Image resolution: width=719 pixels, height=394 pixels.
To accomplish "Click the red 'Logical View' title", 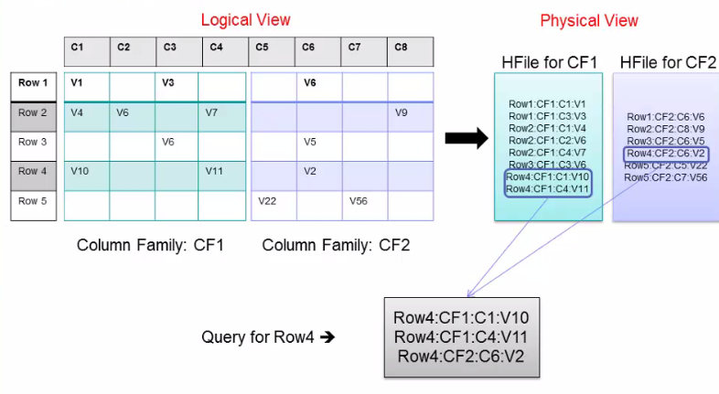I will (245, 20).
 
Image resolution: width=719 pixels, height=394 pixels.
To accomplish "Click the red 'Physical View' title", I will (589, 20).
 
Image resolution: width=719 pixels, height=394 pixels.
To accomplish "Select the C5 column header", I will (263, 47).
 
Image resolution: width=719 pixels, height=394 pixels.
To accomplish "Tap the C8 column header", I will (401, 47).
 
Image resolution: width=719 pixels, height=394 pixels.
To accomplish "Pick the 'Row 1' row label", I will (33, 83).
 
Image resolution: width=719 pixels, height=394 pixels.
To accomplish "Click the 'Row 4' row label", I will (33, 171).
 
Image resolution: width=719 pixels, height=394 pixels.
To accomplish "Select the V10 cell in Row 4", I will (82, 171).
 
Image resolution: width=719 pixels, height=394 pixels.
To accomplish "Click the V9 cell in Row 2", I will (402, 112).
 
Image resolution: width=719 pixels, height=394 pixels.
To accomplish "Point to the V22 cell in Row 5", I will (268, 200).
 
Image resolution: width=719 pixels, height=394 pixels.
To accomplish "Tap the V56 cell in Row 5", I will (359, 200).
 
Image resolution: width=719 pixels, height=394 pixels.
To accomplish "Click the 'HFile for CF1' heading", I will (549, 62).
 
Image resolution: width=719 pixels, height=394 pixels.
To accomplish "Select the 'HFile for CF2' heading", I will (667, 62).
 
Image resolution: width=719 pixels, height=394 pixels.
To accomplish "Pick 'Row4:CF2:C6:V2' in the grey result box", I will (460, 356).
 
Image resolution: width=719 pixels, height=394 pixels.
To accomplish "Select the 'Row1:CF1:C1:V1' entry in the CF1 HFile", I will (547, 104).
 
